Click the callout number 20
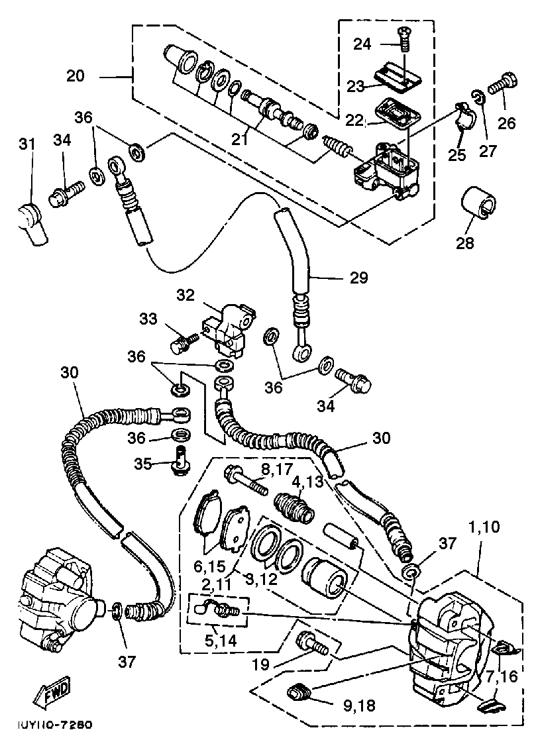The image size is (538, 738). [x=76, y=76]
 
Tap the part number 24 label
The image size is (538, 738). [x=362, y=44]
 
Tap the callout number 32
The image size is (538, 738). [x=186, y=293]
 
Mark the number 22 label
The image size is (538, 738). [x=355, y=121]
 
